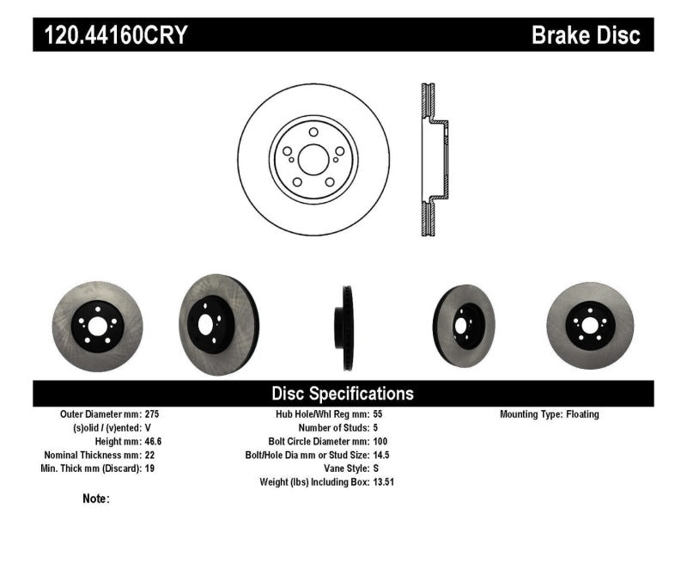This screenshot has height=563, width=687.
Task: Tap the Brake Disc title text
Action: [586, 35]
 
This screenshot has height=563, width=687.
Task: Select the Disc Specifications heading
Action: [343, 394]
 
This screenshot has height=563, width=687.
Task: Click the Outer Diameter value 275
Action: [153, 414]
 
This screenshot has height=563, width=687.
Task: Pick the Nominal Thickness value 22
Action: [151, 455]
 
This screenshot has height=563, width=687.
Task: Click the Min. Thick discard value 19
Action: [150, 468]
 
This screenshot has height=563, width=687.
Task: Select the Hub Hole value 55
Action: [379, 414]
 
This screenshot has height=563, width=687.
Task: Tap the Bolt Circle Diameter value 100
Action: [381, 442]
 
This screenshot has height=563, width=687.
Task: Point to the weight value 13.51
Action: [384, 482]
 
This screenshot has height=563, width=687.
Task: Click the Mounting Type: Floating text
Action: [550, 414]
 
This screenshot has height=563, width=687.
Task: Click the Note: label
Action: [96, 499]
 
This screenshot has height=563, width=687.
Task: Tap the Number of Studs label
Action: [332, 428]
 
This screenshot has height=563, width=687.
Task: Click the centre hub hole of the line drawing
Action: [313, 159]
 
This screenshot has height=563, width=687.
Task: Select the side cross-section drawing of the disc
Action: [432, 160]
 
